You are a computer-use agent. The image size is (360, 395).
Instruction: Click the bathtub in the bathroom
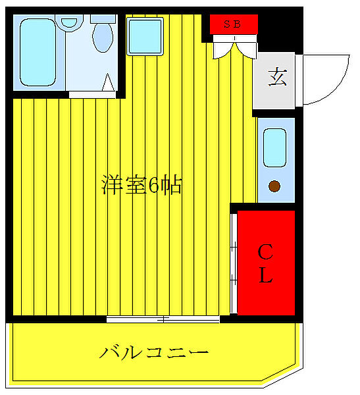pos(38,52)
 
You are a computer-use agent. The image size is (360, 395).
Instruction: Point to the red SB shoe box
pos(234,24)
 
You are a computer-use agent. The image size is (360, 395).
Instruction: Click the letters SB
pos(232,24)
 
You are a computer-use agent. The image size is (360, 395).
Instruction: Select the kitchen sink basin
pos(274,147)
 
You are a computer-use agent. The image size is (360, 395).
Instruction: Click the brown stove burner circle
pos(274,186)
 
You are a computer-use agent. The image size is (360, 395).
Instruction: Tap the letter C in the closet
pos(265,251)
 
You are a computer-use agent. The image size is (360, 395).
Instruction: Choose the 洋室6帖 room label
pos(141,186)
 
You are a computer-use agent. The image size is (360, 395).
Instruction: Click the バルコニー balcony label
pos(154,352)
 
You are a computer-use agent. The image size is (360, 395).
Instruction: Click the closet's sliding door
pos(233,263)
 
